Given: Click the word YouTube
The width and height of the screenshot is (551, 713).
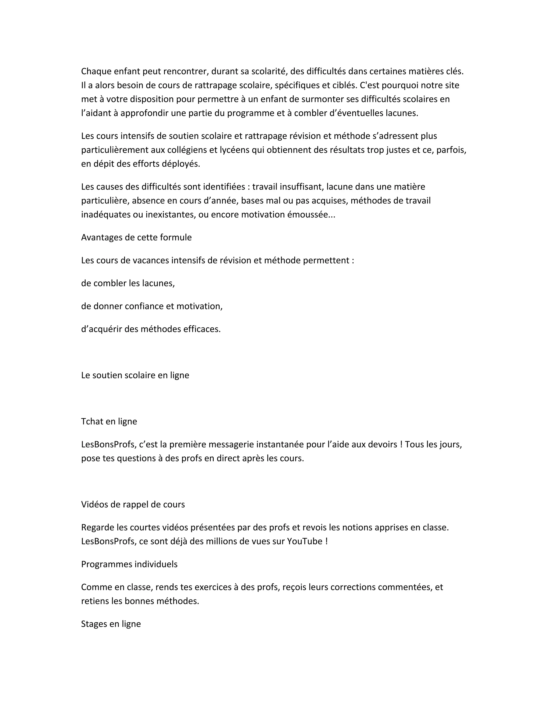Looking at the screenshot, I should [305, 541].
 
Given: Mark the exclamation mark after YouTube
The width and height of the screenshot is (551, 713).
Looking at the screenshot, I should [326, 541].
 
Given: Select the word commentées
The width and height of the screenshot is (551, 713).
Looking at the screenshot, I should [405, 587].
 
